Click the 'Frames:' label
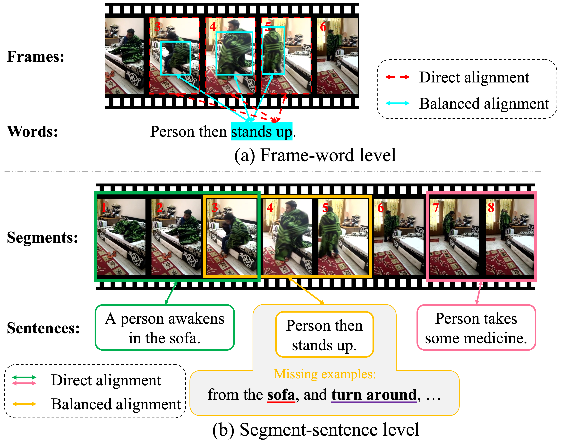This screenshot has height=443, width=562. coord(36,56)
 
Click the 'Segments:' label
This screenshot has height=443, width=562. coord(42,237)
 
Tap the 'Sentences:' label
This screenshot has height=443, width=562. coord(43,328)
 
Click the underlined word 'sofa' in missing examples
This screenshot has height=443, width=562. coord(281,395)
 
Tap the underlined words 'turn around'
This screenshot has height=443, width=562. coord(374,395)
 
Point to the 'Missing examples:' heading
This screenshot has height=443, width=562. coord(325,374)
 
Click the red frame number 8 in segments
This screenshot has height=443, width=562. coord(491,208)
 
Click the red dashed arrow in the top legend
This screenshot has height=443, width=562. coord(397,77)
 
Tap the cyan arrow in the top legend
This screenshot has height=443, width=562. coord(397,103)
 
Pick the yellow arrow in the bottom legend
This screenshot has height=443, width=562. coord(24,404)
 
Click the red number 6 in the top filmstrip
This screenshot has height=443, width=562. coord(323,27)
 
